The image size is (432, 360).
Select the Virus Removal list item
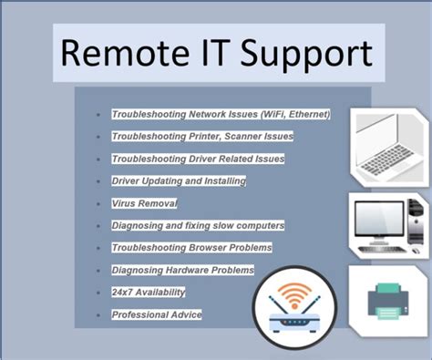pos(144,203)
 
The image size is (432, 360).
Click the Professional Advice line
pos(156,314)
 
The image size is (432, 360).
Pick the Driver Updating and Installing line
pos(179,180)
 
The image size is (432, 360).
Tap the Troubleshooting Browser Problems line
pos(191,247)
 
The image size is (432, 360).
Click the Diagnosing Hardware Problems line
pos(182,270)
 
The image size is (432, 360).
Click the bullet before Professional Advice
pos(98,315)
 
